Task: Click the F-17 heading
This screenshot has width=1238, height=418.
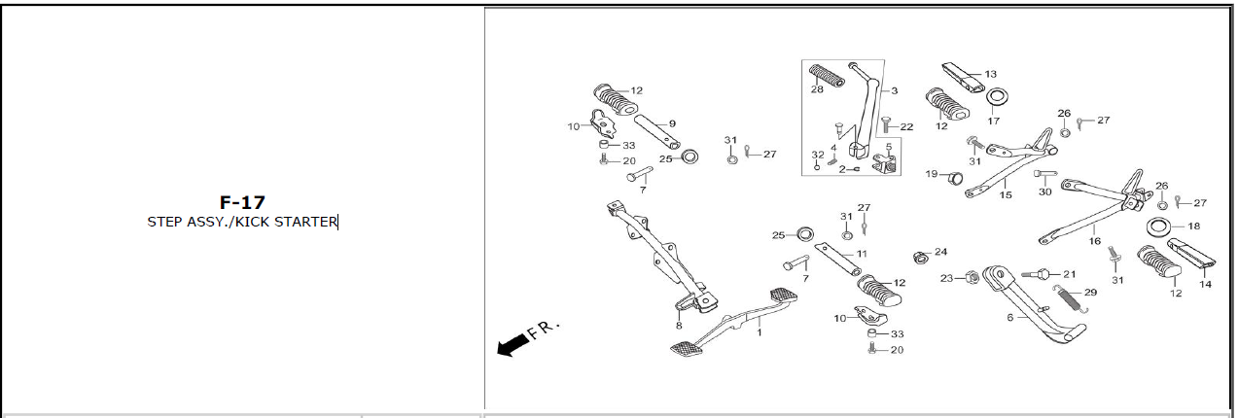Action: point(242,202)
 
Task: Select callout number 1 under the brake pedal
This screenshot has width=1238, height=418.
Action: point(759,332)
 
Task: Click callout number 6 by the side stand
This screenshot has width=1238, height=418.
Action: point(1010,318)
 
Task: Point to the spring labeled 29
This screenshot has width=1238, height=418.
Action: point(1071,299)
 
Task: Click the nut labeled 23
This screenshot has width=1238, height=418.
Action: point(973,277)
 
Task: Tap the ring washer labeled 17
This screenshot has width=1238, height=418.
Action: point(996,96)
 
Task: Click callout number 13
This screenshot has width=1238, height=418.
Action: point(990,74)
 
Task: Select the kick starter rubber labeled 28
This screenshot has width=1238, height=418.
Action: point(827,75)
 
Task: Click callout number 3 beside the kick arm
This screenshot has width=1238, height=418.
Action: point(894,90)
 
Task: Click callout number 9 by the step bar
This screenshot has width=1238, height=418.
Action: point(672,123)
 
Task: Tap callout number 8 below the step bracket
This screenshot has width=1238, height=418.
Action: point(679,326)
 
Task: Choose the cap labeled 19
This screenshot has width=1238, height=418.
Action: point(955,178)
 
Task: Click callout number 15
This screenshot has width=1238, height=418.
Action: point(1006,195)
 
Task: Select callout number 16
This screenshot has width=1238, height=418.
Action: point(1095,241)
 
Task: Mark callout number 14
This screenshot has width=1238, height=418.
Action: point(1205,284)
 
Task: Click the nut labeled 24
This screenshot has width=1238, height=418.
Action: point(920,257)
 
